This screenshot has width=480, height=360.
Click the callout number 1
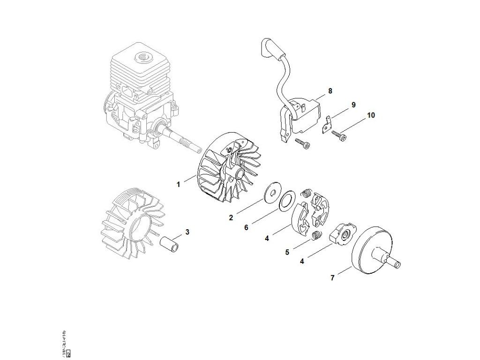(178, 185)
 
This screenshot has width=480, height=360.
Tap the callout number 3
(187, 232)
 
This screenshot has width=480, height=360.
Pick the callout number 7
(332, 278)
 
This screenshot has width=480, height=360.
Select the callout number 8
(330, 91)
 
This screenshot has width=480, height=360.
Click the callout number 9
(353, 104)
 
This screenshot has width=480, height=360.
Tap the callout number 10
(371, 115)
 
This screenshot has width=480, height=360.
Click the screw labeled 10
(340, 135)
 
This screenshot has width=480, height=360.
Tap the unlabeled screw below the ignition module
(302, 144)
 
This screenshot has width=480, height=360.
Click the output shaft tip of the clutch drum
(397, 266)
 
